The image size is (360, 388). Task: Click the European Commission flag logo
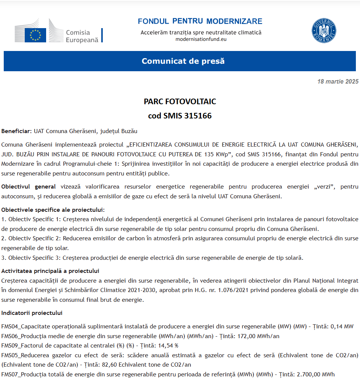[35, 35]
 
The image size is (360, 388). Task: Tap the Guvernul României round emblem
[324, 31]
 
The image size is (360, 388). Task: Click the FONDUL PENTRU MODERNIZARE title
[200, 21]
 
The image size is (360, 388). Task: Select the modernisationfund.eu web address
[201, 39]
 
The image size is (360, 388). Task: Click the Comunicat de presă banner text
[183, 61]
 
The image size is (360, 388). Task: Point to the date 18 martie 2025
[337, 81]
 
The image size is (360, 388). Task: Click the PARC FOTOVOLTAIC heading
[180, 102]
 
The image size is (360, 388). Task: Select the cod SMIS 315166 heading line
[180, 116]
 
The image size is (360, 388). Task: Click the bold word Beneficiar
[16, 131]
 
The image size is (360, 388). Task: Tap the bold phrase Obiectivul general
[28, 186]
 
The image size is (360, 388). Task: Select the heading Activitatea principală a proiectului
[50, 271]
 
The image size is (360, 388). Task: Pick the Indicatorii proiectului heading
[32, 313]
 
